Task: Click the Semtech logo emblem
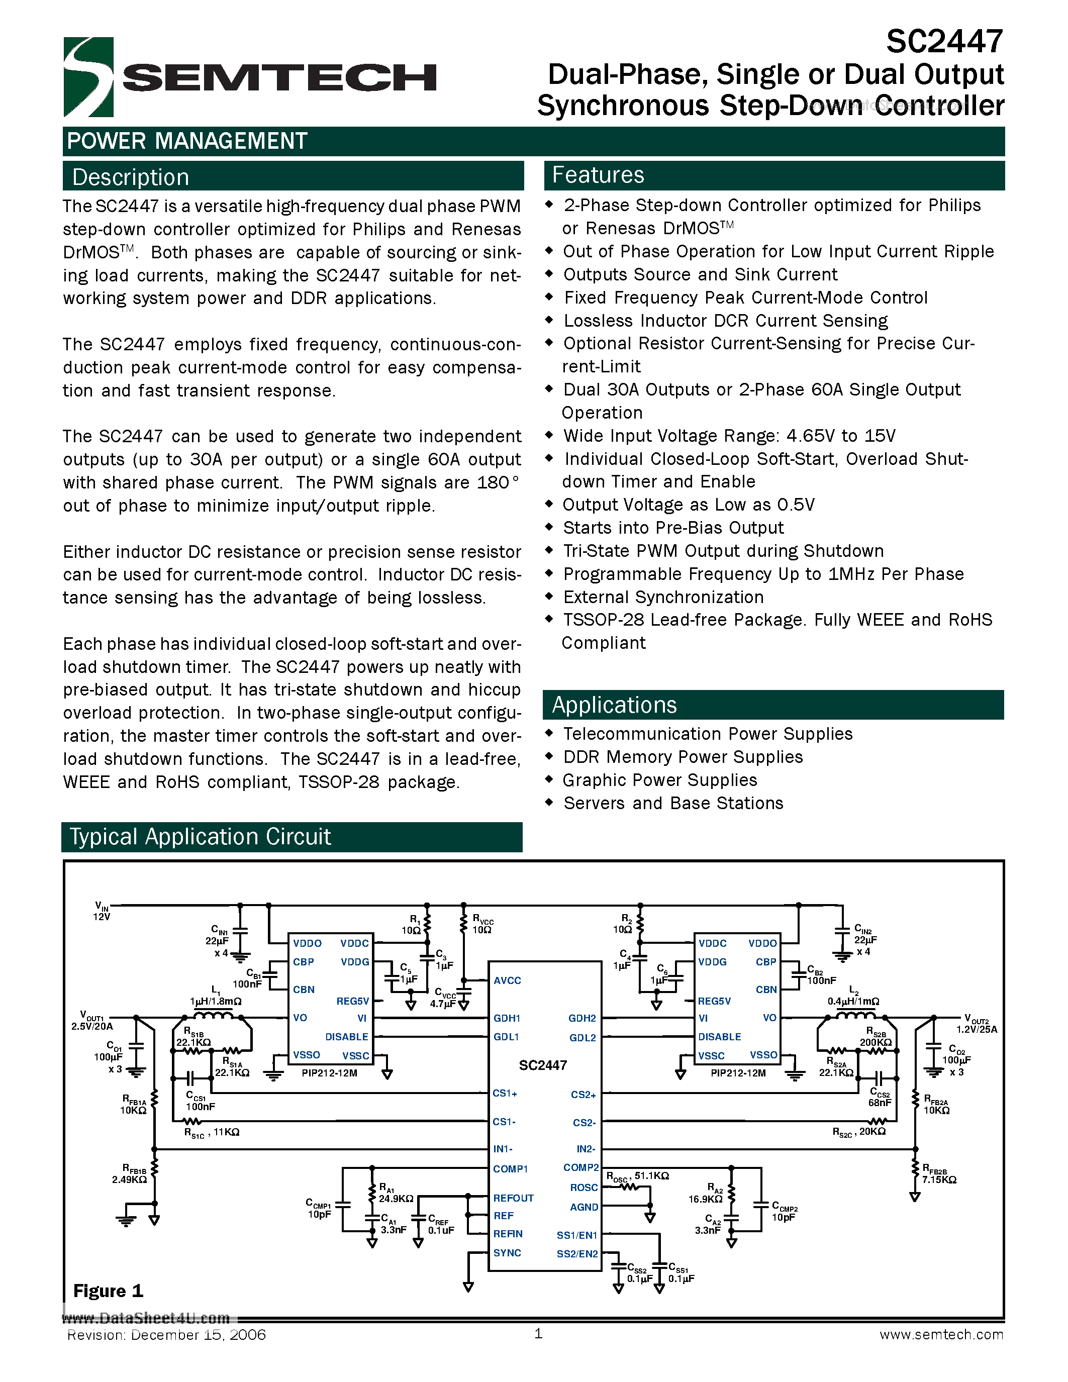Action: (x=88, y=77)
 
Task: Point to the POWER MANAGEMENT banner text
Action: (x=187, y=141)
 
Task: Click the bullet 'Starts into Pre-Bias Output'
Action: (x=672, y=528)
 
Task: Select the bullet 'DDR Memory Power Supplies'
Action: (x=683, y=757)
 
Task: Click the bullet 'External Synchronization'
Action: (x=663, y=597)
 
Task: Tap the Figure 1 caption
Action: (x=108, y=1290)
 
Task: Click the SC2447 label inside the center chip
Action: (x=543, y=1065)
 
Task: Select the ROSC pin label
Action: (x=584, y=1188)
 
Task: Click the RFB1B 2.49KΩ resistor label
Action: (x=130, y=1175)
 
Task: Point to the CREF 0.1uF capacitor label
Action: (x=440, y=1224)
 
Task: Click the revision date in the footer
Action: (x=166, y=1335)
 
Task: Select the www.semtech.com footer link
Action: (x=941, y=1335)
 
